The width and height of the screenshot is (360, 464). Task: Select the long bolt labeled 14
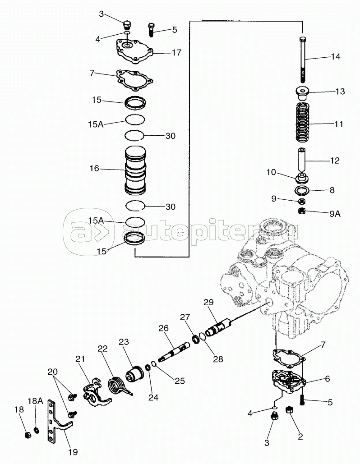coord(303,60)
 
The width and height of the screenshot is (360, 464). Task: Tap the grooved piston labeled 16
coord(135,171)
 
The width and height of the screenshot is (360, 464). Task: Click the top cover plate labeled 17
coord(134,52)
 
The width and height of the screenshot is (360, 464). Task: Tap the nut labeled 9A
coord(302,211)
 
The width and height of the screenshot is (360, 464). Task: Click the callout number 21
coord(80,358)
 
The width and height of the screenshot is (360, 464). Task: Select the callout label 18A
coord(35,401)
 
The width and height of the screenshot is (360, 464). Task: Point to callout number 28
coord(218,359)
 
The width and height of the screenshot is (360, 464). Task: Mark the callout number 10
coord(271,172)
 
